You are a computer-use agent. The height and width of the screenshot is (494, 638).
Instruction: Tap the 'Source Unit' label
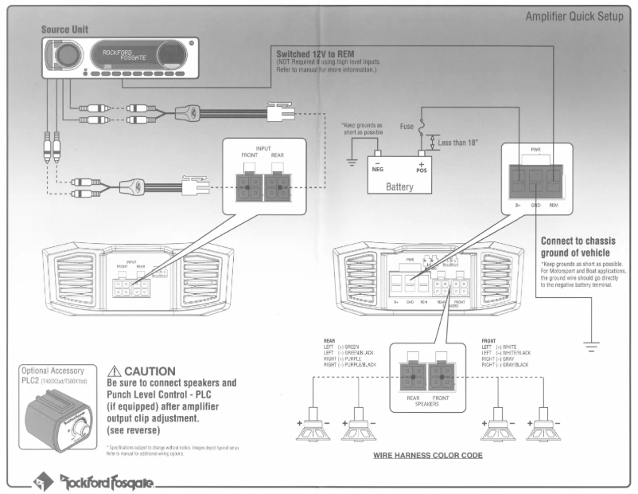(65, 29)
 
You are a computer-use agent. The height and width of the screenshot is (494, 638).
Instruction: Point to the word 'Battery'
(399, 186)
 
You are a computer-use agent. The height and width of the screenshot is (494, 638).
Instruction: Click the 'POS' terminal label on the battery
(422, 169)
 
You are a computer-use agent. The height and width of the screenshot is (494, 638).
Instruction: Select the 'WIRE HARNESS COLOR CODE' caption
(428, 456)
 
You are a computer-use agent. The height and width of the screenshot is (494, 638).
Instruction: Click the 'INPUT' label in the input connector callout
(263, 148)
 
